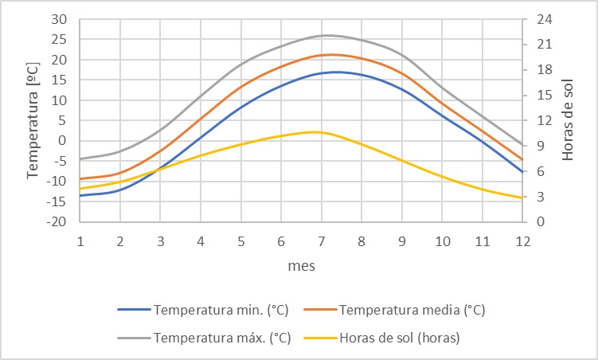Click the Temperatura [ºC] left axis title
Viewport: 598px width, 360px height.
pos(34,119)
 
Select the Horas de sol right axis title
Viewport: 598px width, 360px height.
pos(568,119)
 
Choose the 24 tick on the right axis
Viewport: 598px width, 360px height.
pos(540,19)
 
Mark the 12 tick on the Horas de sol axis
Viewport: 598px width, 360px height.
pos(540,120)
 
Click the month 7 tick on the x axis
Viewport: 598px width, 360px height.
pos(321,241)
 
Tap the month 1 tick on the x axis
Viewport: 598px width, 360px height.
pos(80,241)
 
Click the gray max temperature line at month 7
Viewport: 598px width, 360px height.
pos(321,35)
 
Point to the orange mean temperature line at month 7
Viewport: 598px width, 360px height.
pos(321,55)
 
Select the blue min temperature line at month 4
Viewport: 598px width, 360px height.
pos(201,137)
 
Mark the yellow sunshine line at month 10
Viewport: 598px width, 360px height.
pos(441,176)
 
